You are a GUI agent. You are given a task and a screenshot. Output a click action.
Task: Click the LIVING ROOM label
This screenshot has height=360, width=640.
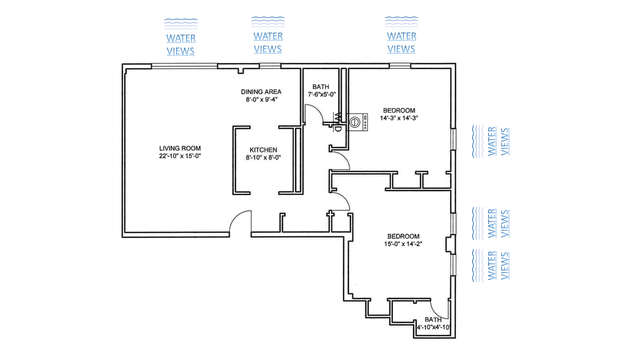coord(180,148)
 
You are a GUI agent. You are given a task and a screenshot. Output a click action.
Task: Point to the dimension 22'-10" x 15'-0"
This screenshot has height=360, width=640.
coord(180,156)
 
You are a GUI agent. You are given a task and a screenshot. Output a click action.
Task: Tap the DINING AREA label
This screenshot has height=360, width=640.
coord(261,91)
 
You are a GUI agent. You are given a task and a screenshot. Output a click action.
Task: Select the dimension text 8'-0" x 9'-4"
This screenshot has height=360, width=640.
coord(261,99)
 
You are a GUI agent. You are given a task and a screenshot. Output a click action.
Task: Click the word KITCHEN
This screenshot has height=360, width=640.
coord(263,150)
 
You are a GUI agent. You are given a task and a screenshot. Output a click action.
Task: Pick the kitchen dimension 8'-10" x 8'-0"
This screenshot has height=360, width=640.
coord(263,157)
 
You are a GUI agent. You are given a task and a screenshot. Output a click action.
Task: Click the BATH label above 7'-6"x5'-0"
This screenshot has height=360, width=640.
coord(320,86)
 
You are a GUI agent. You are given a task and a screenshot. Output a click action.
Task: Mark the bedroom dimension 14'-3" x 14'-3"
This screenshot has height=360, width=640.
coord(399,118)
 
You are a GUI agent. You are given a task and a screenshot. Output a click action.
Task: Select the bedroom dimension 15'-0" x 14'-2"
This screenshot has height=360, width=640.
coord(403,244)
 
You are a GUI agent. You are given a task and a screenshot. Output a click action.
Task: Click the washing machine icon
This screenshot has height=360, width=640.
coord(357,122)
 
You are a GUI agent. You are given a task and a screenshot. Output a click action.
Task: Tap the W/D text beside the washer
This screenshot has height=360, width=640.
coord(337,122)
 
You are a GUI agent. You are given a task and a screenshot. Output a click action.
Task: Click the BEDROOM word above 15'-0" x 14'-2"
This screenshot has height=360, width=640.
coord(403,236)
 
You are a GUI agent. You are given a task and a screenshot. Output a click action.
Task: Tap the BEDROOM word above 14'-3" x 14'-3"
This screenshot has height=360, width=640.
coord(399,110)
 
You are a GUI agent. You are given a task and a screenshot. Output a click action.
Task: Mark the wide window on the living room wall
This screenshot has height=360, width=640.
coord(184,65)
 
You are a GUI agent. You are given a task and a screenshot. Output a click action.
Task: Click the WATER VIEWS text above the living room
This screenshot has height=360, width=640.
coord(180,44)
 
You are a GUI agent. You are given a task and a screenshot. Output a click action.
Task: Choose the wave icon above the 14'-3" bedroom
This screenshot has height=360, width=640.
coord(401,21)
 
